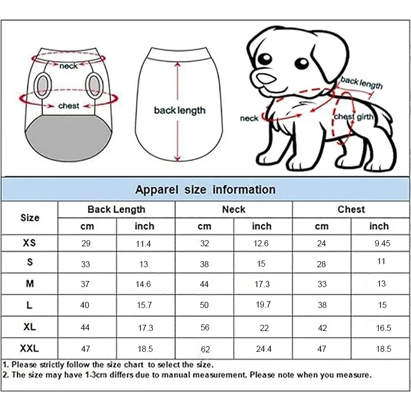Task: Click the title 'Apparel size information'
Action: click(205, 190)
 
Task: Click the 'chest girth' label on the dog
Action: click(354, 117)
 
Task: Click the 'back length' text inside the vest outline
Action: click(179, 110)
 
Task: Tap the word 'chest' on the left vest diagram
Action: click(68, 106)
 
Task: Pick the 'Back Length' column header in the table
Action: click(116, 209)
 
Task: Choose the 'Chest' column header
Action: click(351, 209)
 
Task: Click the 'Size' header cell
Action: click(30, 218)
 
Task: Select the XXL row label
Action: click(30, 349)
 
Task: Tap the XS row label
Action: click(30, 243)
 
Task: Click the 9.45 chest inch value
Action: click(382, 243)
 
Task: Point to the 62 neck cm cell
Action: click(204, 349)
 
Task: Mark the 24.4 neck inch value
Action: click(263, 349)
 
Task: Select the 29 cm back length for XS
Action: click(86, 243)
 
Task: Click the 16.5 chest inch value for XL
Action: click(383, 328)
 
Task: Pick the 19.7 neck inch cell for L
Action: click(263, 305)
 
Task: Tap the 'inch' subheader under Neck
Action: click(262, 226)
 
